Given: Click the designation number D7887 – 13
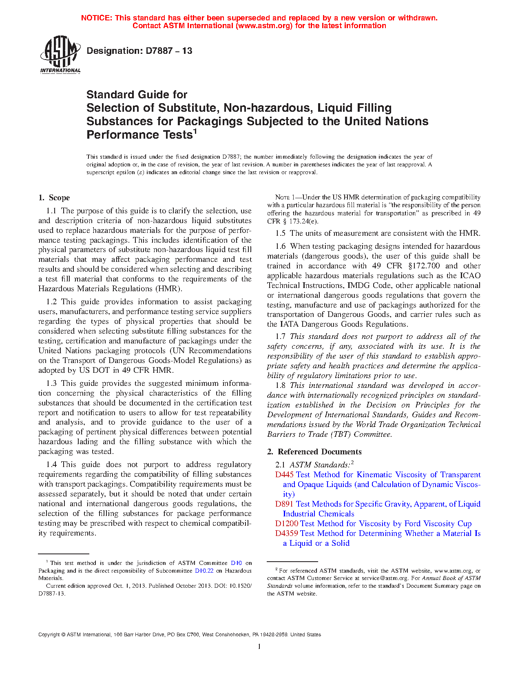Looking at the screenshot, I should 139,51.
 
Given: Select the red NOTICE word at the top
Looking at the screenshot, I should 96,18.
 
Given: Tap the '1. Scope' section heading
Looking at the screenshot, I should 54,198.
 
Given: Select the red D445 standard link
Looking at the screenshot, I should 284,474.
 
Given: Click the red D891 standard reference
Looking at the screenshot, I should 284,504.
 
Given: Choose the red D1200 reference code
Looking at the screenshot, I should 286,523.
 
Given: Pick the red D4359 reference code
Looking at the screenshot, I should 286,533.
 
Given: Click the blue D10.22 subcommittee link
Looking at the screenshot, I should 204,571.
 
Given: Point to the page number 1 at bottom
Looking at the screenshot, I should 259,646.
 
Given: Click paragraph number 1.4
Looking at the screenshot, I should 51,465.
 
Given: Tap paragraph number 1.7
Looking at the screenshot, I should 280,336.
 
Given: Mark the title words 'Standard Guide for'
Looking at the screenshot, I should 137,95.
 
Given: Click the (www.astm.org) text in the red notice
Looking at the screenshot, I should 263,26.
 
